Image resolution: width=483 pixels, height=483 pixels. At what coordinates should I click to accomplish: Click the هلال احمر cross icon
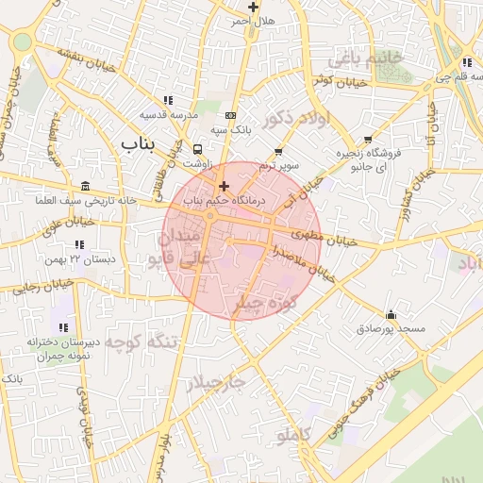tap(253, 7)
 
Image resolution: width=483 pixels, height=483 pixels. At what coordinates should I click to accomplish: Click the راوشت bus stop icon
tap(197, 149)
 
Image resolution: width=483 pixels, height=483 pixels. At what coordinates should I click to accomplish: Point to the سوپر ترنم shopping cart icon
tap(278, 152)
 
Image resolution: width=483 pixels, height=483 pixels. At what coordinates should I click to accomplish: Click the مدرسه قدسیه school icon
tap(168, 100)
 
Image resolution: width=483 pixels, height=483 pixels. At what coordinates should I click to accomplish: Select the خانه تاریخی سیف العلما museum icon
tap(86, 186)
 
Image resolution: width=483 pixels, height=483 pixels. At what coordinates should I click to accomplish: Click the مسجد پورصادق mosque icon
tap(391, 315)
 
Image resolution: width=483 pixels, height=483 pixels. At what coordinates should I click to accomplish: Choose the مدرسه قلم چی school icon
tap(467, 63)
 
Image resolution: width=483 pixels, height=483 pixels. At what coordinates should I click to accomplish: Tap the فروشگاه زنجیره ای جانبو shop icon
tap(368, 140)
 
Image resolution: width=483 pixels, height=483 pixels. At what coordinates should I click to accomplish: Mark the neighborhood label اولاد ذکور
tap(296, 119)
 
